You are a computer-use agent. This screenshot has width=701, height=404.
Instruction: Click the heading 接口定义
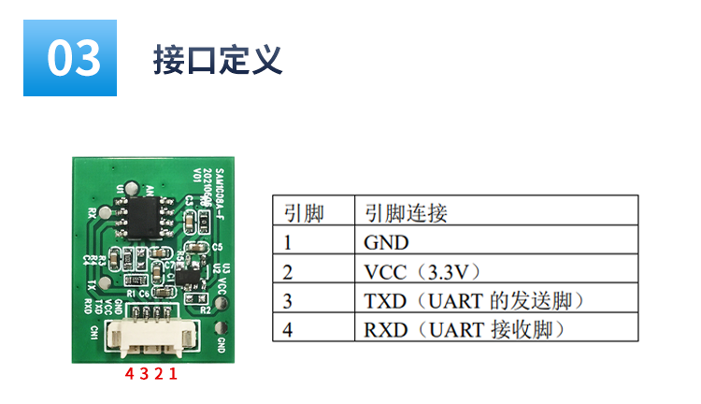pyautogui.click(x=217, y=59)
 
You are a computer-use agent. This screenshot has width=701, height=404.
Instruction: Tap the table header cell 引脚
pyautogui.click(x=303, y=213)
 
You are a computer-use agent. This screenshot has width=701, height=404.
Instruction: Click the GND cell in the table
pyautogui.click(x=386, y=242)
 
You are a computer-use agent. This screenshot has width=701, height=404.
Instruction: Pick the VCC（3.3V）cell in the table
pyautogui.click(x=422, y=271)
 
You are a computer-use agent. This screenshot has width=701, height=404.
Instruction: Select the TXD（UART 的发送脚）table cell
pyautogui.click(x=474, y=300)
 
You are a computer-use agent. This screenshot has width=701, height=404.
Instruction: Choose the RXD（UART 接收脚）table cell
pyautogui.click(x=466, y=329)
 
